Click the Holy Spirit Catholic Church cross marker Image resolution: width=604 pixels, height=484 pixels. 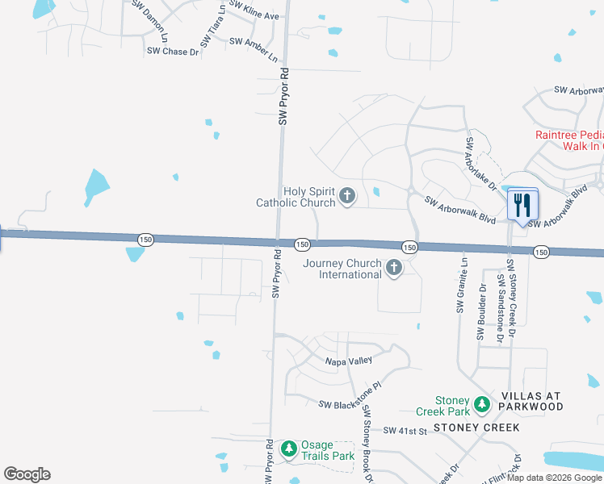[348, 195]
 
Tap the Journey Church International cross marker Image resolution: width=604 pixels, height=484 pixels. [394, 268]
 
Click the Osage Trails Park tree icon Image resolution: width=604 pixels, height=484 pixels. [289, 449]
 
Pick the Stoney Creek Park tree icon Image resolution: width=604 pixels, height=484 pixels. [482, 403]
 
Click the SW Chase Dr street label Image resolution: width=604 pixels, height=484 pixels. [172, 52]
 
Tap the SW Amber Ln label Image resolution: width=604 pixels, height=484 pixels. [254, 48]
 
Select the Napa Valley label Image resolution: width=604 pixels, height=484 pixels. [348, 361]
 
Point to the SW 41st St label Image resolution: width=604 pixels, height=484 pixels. [405, 432]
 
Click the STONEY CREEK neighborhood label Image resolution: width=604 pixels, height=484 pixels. [476, 427]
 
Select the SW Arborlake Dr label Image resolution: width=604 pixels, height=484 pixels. [480, 165]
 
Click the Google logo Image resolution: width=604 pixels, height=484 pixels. [27, 474]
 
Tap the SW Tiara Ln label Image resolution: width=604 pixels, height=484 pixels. [213, 25]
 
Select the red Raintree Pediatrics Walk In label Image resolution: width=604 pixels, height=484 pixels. [569, 140]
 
